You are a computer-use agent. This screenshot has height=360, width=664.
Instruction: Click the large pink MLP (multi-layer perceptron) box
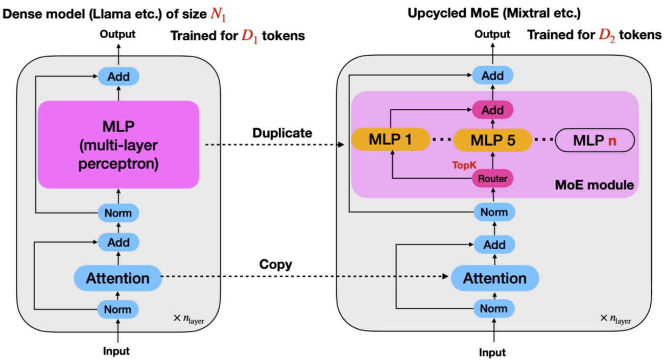point(118,144)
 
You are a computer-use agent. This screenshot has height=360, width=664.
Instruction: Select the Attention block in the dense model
point(117,278)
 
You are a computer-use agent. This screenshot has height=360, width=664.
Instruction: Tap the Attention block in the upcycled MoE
point(494,278)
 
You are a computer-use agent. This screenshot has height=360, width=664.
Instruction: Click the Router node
point(493,178)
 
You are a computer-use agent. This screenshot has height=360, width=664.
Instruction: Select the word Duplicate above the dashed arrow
point(282,133)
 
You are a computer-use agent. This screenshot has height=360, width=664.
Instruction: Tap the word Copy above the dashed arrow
point(276,265)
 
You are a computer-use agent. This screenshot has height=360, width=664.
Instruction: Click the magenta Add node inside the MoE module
point(493,110)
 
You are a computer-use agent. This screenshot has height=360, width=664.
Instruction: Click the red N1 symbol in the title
point(219,15)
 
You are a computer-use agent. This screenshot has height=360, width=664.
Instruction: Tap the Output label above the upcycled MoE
point(492,34)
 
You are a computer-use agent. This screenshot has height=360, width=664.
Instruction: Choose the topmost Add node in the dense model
point(118,77)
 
